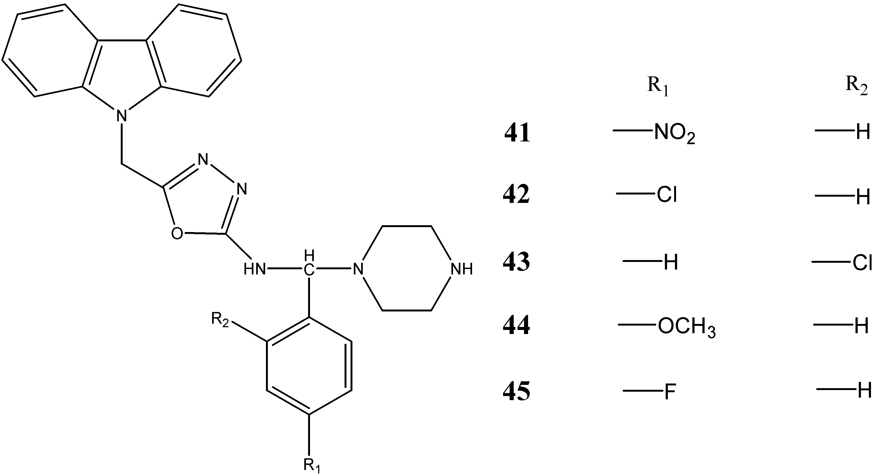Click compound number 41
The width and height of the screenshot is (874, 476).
[517, 133]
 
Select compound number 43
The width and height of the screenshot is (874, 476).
[516, 262]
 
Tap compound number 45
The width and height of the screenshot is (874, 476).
[516, 391]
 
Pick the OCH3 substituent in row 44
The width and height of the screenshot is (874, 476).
[686, 328]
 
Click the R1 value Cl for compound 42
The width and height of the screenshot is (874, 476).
[667, 195]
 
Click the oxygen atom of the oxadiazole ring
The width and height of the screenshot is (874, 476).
[177, 234]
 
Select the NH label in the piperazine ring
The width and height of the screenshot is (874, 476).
[461, 269]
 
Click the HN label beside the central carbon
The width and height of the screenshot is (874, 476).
[255, 270]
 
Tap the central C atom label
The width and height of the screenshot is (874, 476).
[308, 270]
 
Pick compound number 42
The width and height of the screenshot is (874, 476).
[516, 196]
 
